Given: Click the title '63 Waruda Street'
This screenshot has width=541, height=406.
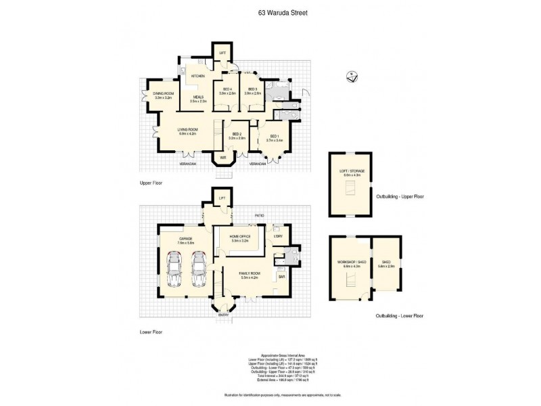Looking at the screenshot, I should [270, 11].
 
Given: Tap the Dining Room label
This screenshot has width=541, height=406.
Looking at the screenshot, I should [163, 95].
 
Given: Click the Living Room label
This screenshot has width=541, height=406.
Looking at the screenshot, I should [187, 131].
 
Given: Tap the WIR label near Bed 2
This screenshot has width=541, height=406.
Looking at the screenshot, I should [222, 158].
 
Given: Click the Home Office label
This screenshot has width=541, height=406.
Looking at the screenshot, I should [240, 238].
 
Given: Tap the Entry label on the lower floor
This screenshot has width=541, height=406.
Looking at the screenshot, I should [223, 315].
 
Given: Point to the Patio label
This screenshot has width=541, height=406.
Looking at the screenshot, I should [258, 217].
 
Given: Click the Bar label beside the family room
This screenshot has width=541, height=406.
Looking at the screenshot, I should [281, 276].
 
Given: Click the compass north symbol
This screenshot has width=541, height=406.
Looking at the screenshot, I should [351, 76].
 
